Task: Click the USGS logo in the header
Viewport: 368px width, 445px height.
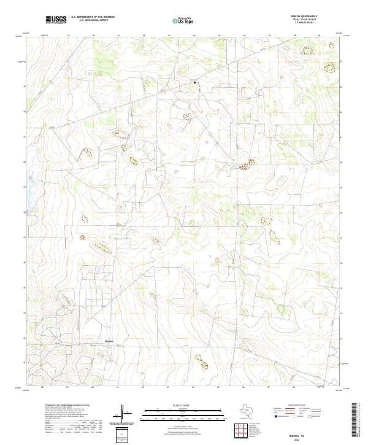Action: [56, 20]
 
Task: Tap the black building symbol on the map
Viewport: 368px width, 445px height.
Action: [195, 82]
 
